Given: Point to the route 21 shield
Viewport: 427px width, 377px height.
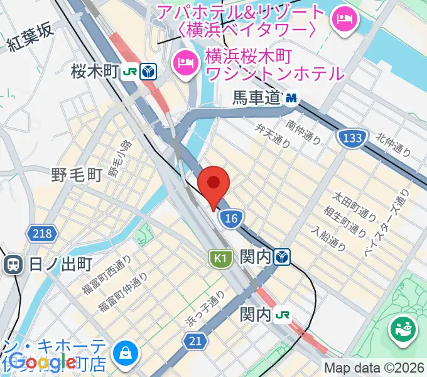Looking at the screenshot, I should (x=195, y=340).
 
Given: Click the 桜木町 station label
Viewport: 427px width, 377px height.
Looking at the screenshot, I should (x=95, y=71).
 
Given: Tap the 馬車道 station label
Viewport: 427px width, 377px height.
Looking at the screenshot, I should (x=255, y=98).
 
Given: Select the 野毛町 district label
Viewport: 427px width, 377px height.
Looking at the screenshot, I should (x=76, y=174).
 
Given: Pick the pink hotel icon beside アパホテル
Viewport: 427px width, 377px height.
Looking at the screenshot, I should (x=345, y=18).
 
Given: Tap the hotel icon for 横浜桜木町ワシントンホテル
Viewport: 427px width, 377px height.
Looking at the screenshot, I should (x=185, y=62).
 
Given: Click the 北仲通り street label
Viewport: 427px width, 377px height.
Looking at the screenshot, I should (x=393, y=144).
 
